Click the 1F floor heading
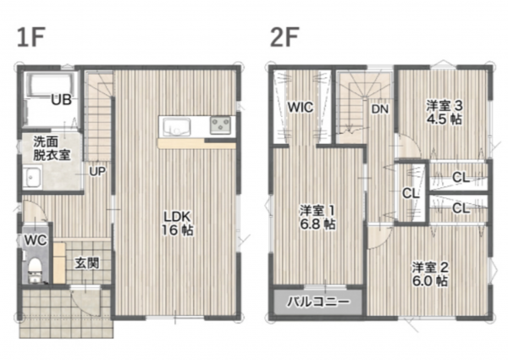pos(31,37)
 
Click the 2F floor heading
pos(284,37)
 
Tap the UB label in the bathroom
pos(61,100)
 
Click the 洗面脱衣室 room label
pos(52,148)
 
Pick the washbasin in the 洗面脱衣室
pos(32,176)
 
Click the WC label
pos(36,240)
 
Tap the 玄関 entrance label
pos(87,263)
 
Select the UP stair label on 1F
pos(97,171)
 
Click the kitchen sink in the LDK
pos(176,127)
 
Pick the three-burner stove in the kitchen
pos(220,125)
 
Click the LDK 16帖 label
pos(177,223)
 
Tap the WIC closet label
pos(301,107)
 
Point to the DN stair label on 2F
pos(379,109)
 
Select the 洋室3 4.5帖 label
pos(444,113)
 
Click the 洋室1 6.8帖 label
pos(317,217)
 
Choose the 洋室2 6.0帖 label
pos(430,274)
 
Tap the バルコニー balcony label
pos(318,302)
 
